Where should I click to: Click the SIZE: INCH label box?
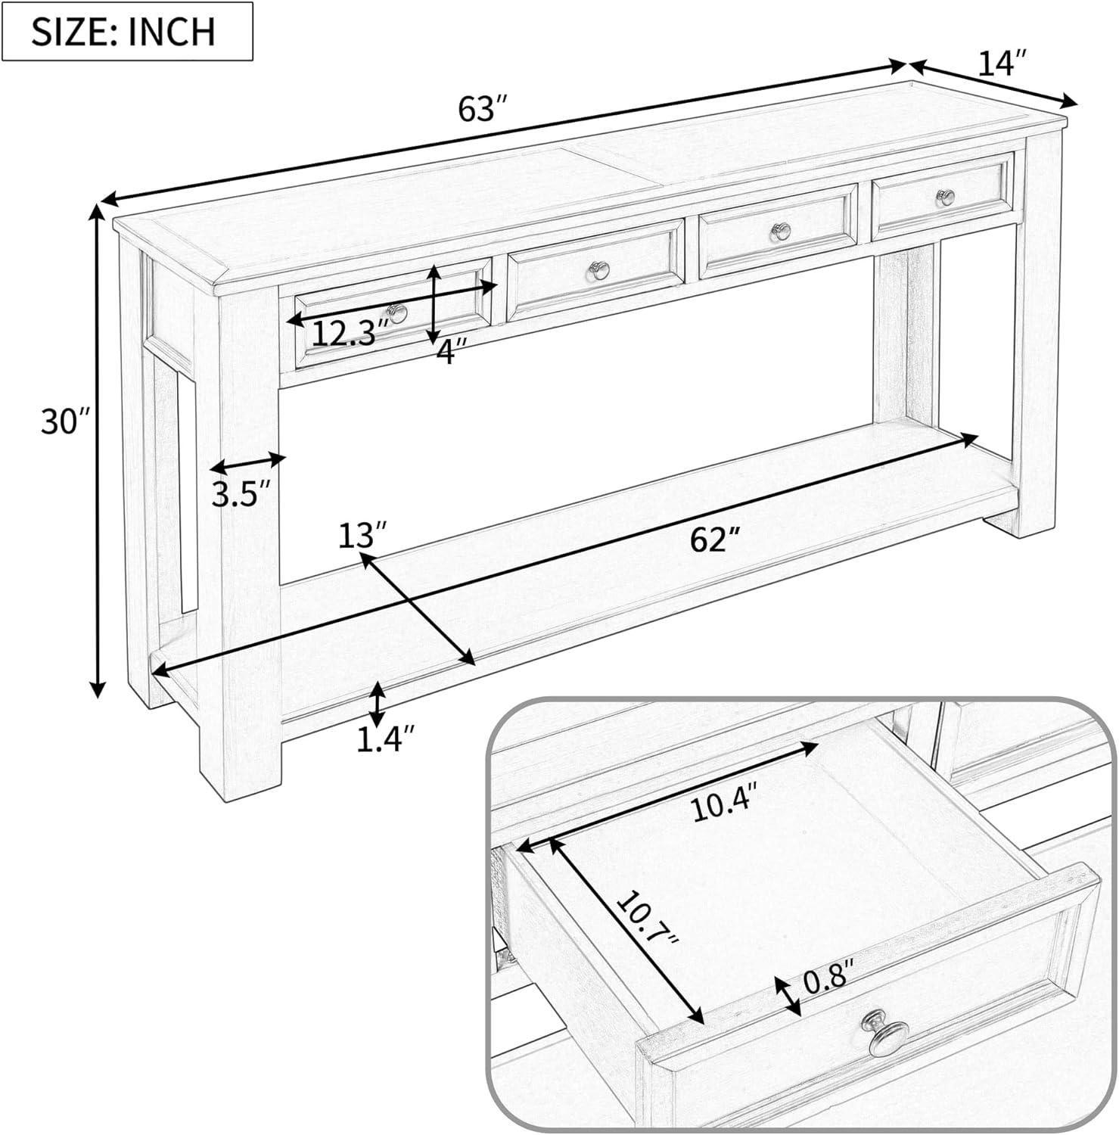point(127,31)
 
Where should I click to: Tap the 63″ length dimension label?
point(481,108)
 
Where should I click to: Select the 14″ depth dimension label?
point(1003,64)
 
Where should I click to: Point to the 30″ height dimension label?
point(65,421)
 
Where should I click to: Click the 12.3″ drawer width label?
point(350,333)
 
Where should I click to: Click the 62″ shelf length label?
point(714,540)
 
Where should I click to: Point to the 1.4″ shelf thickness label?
point(386,740)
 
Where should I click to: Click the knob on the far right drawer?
point(945,198)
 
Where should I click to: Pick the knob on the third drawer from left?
point(779,232)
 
